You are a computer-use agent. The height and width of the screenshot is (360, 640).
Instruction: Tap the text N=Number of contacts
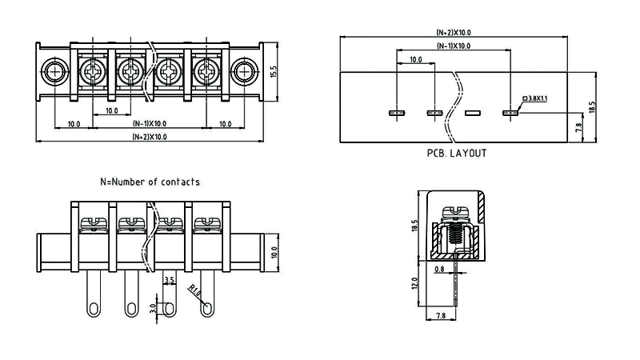[150, 182]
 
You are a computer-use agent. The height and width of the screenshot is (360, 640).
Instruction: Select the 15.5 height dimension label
[274, 73]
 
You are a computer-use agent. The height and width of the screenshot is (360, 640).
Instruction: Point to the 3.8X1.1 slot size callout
[534, 98]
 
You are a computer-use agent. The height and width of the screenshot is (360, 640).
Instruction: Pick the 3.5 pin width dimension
[168, 281]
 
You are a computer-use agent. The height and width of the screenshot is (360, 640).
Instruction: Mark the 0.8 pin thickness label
[439, 270]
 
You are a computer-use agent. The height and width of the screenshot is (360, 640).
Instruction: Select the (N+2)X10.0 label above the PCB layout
[453, 32]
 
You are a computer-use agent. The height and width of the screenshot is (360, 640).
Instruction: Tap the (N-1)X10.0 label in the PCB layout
[454, 46]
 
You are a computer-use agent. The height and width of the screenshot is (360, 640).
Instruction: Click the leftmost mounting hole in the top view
[55, 73]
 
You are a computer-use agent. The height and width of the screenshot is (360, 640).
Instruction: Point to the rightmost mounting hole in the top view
[243, 73]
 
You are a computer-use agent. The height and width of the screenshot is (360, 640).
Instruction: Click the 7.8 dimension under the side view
[441, 317]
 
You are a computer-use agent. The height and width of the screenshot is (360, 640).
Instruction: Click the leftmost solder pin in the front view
[94, 295]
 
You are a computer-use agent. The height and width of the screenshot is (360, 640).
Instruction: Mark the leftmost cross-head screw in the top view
[94, 73]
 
